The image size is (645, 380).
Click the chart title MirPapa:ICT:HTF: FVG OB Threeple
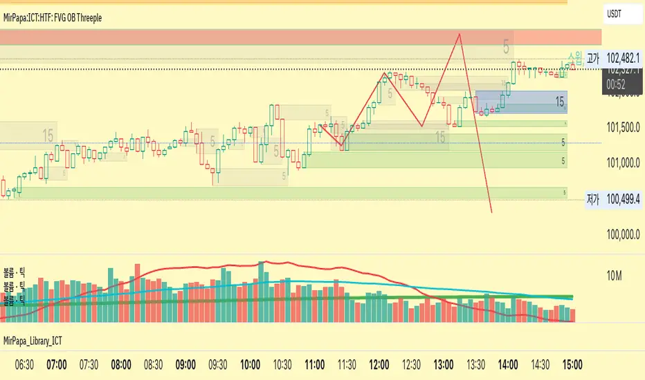(x=53, y=17)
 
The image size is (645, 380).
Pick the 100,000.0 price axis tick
(x=622, y=235)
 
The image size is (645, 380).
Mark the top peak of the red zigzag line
(x=458, y=33)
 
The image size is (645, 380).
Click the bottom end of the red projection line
(x=491, y=212)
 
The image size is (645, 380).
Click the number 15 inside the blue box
(x=559, y=102)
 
